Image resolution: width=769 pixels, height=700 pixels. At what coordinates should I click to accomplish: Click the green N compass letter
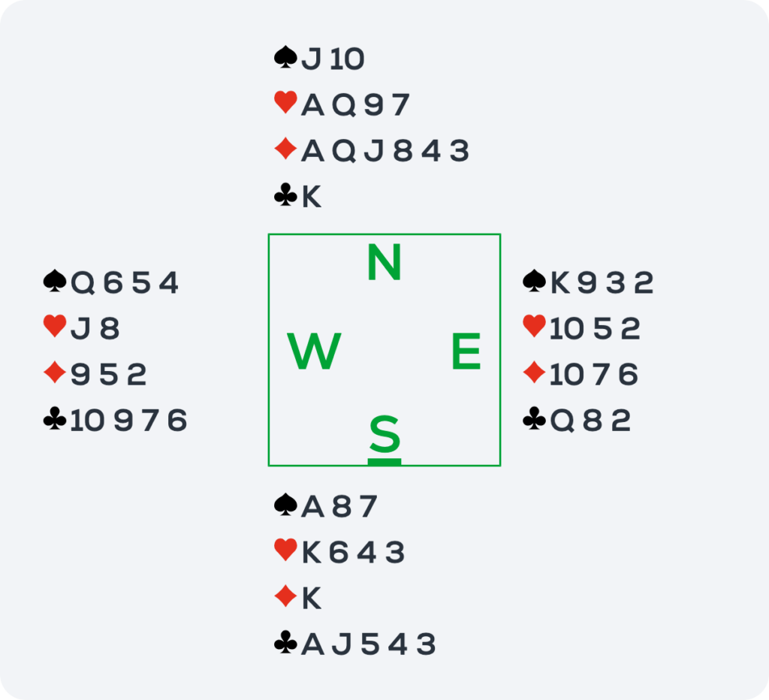(x=384, y=262)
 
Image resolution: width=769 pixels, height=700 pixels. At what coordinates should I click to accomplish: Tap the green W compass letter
(x=314, y=351)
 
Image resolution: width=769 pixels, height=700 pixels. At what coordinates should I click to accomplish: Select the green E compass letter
(x=466, y=351)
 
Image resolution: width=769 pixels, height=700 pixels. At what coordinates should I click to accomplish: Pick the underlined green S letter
(x=384, y=435)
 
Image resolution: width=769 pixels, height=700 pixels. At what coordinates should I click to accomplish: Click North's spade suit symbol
(x=286, y=57)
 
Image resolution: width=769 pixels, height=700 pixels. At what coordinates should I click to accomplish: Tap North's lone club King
(x=312, y=197)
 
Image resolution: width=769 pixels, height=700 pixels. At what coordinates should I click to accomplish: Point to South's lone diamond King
(x=312, y=598)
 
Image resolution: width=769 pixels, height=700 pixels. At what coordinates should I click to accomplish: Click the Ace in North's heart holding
(x=313, y=105)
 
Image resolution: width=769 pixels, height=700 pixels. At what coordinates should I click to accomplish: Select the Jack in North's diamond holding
(x=374, y=151)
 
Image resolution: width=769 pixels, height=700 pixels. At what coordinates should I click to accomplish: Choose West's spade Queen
(x=83, y=283)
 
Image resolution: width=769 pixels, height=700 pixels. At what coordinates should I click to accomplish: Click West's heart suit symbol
(x=55, y=327)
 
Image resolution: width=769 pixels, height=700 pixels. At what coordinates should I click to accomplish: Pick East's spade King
(x=559, y=283)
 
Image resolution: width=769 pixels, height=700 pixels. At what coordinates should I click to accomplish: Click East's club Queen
(x=562, y=421)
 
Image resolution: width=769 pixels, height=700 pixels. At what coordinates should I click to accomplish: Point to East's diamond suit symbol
(x=535, y=373)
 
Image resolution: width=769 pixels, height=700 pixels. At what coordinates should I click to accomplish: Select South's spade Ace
(x=313, y=506)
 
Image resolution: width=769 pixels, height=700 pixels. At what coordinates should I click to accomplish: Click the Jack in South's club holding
(x=342, y=644)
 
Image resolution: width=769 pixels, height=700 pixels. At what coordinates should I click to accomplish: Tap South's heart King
(x=312, y=552)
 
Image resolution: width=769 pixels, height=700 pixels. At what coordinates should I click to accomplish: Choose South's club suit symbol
(x=286, y=643)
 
